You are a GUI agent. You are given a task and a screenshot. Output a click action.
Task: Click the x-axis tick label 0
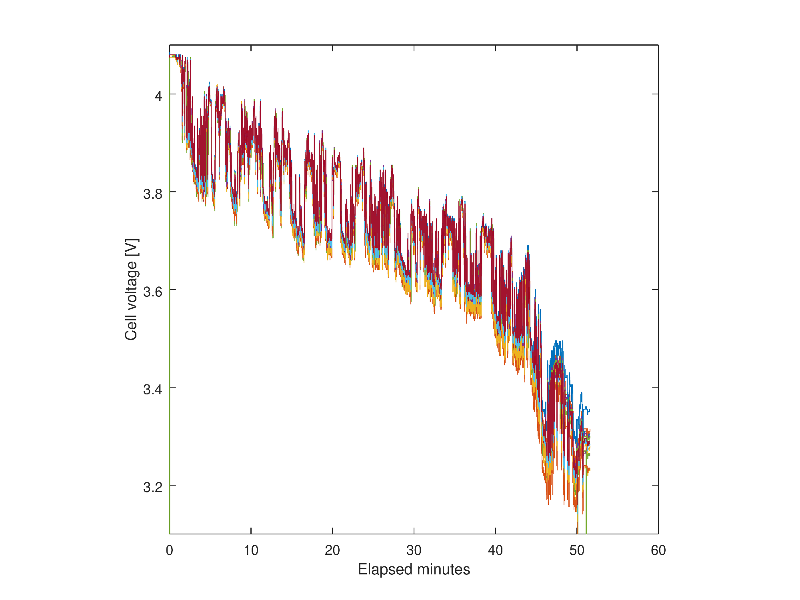(170, 551)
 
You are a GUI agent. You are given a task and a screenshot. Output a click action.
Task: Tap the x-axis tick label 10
(251, 551)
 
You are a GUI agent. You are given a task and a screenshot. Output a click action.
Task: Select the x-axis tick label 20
(332, 551)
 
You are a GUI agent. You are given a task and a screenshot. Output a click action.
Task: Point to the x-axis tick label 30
(414, 551)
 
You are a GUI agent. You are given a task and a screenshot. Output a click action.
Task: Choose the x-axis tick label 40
(495, 551)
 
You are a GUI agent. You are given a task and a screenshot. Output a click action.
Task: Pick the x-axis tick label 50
(577, 551)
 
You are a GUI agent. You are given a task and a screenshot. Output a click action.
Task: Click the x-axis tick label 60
(658, 551)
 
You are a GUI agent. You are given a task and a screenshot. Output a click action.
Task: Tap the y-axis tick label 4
(159, 96)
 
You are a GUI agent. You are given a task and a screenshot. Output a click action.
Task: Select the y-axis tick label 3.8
(153, 194)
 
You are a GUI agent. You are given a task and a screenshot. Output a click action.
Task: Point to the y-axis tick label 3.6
(153, 292)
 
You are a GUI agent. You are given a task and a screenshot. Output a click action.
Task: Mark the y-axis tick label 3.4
(153, 389)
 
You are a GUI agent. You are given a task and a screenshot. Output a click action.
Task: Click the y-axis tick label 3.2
(153, 487)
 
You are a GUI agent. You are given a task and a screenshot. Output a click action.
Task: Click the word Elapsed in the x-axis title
(383, 570)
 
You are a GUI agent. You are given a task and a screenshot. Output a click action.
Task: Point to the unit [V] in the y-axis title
(131, 248)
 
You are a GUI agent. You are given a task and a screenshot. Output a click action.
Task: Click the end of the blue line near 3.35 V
(590, 410)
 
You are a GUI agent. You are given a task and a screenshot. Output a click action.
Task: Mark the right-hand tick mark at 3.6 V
(655, 289)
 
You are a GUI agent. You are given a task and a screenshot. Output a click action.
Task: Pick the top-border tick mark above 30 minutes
(414, 48)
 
